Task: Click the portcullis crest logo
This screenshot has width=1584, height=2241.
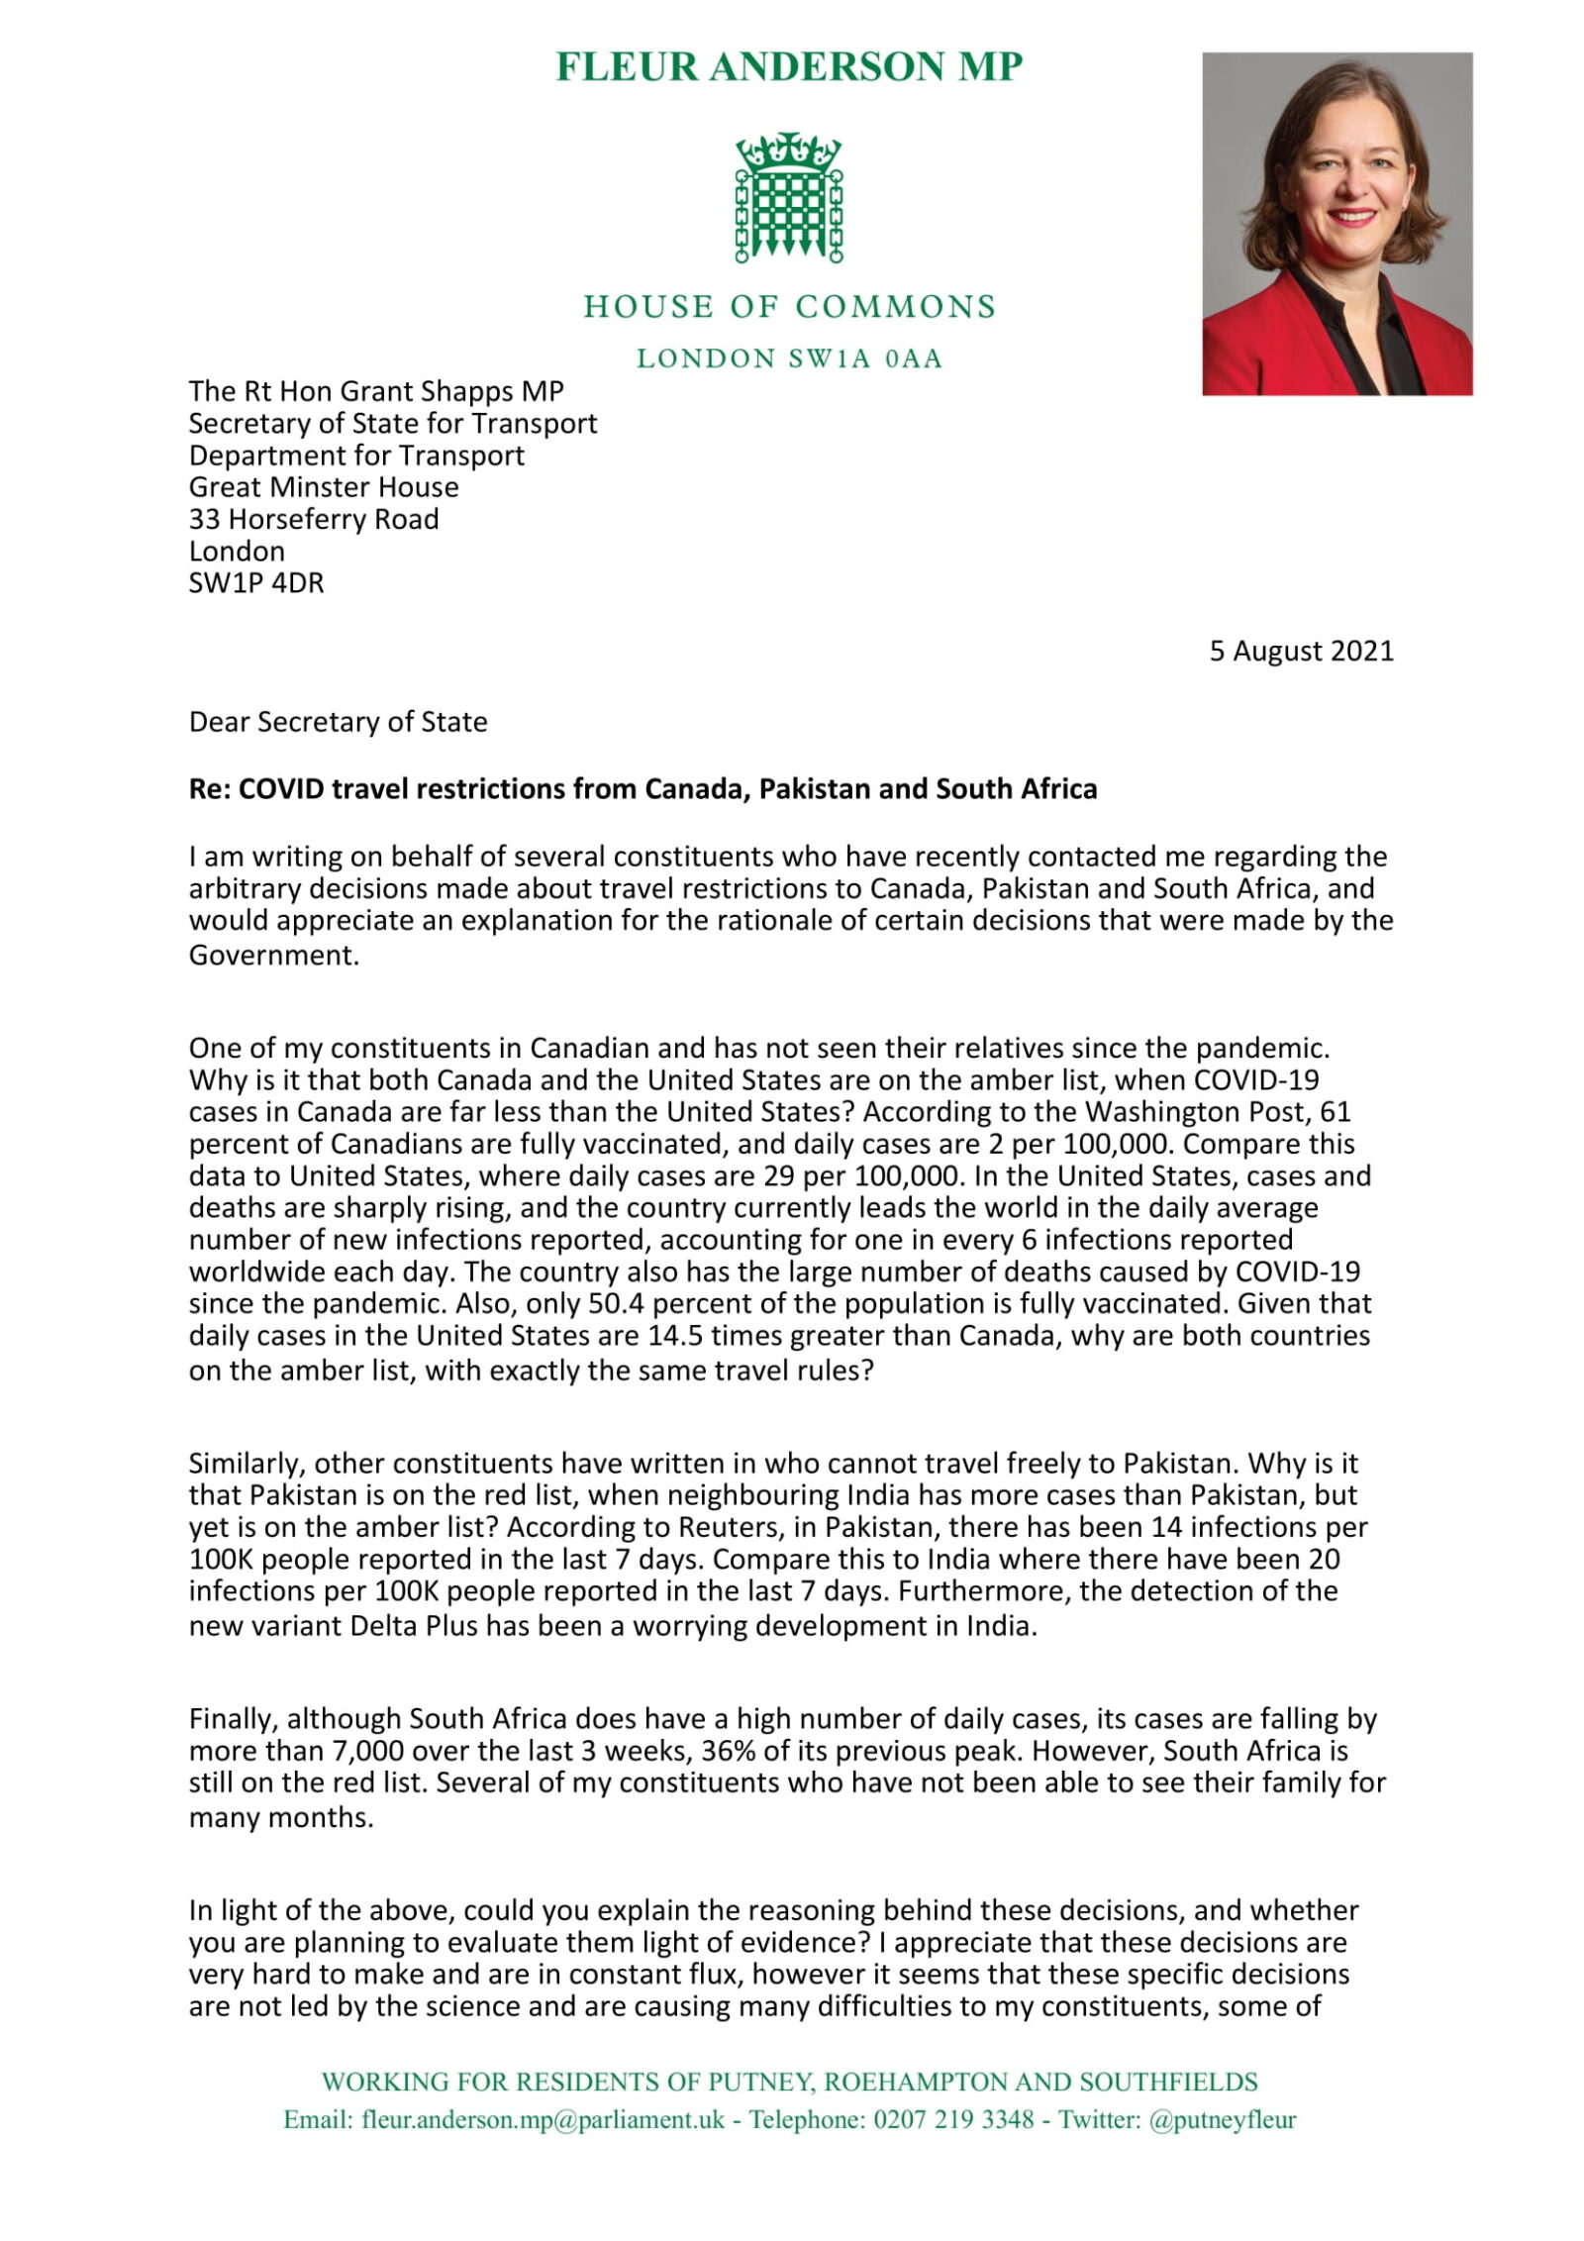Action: coord(788,197)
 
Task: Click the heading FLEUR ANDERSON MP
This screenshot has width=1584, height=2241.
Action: coord(788,67)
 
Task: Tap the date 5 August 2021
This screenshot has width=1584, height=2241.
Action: coord(1301,651)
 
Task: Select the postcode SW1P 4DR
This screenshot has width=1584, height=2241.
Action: coord(256,582)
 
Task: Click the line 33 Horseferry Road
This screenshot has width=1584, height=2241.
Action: coord(314,519)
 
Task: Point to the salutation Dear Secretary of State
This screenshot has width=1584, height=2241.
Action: coord(338,722)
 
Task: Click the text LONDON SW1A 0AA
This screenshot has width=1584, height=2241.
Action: coord(789,358)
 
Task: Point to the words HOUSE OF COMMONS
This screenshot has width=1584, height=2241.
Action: coord(789,307)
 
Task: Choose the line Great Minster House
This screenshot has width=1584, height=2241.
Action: coord(324,487)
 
